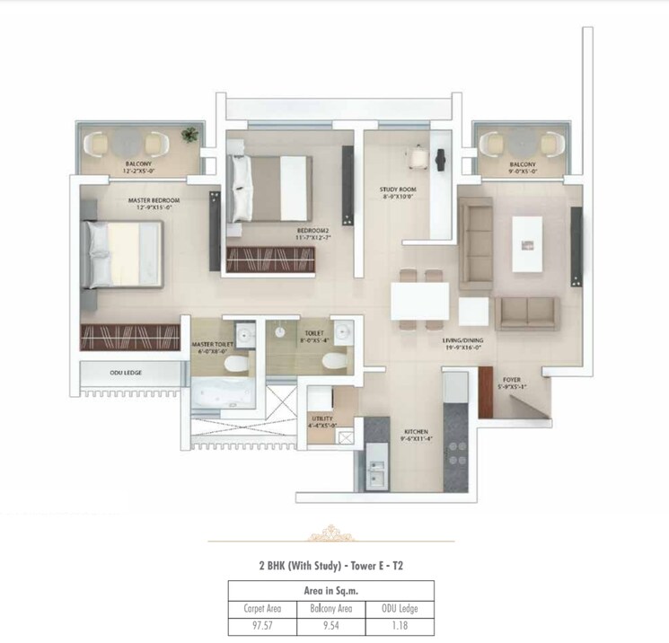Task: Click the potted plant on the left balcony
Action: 189,135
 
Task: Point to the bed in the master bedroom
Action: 122,254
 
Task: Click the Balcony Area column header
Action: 331,608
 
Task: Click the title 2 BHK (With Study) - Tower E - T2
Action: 331,566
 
